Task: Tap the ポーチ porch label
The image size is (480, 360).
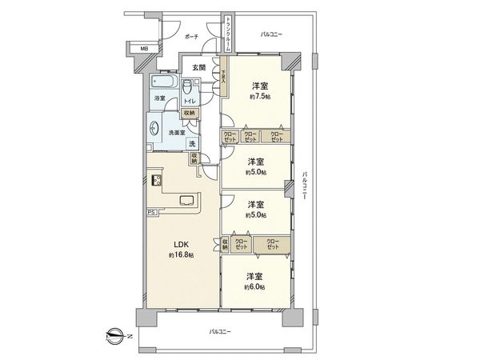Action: pyautogui.click(x=191, y=38)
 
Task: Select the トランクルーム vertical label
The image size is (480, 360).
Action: pyautogui.click(x=228, y=34)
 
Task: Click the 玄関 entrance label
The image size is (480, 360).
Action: pyautogui.click(x=197, y=68)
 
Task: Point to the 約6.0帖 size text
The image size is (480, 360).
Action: pyautogui.click(x=256, y=286)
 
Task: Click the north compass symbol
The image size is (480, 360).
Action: pyautogui.click(x=114, y=335)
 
